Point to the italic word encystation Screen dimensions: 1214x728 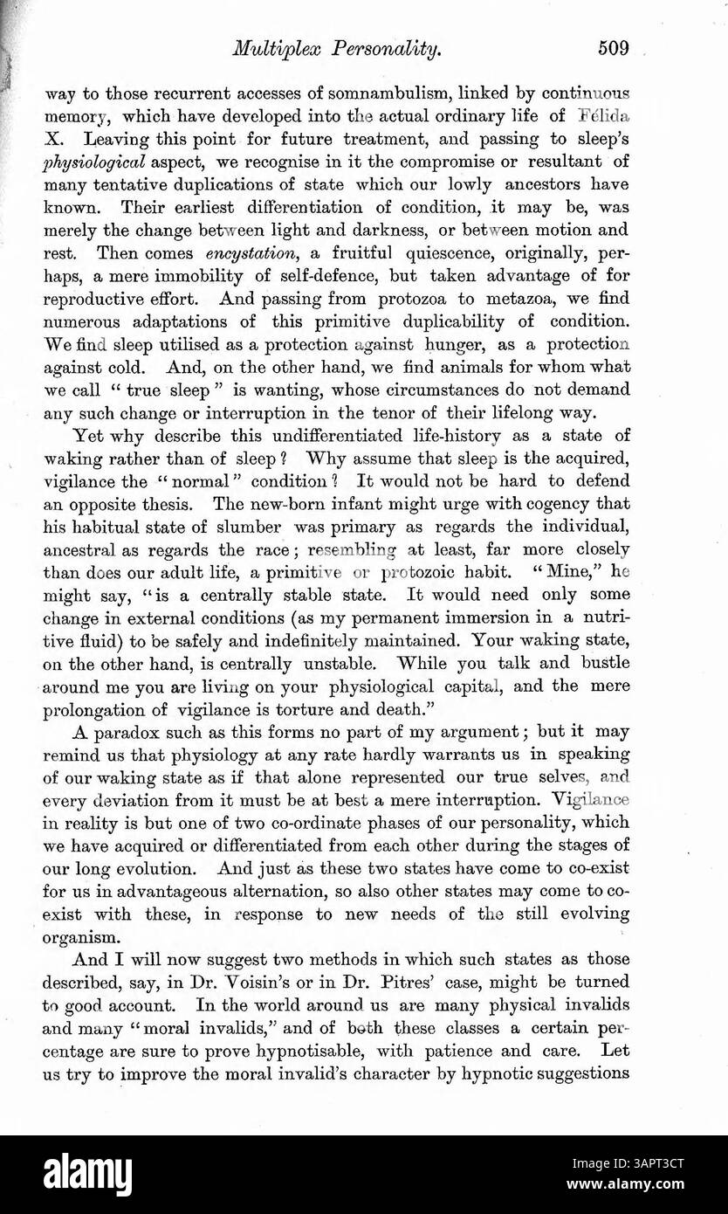(x=249, y=254)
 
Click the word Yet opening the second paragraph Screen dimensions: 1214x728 (x=90, y=434)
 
